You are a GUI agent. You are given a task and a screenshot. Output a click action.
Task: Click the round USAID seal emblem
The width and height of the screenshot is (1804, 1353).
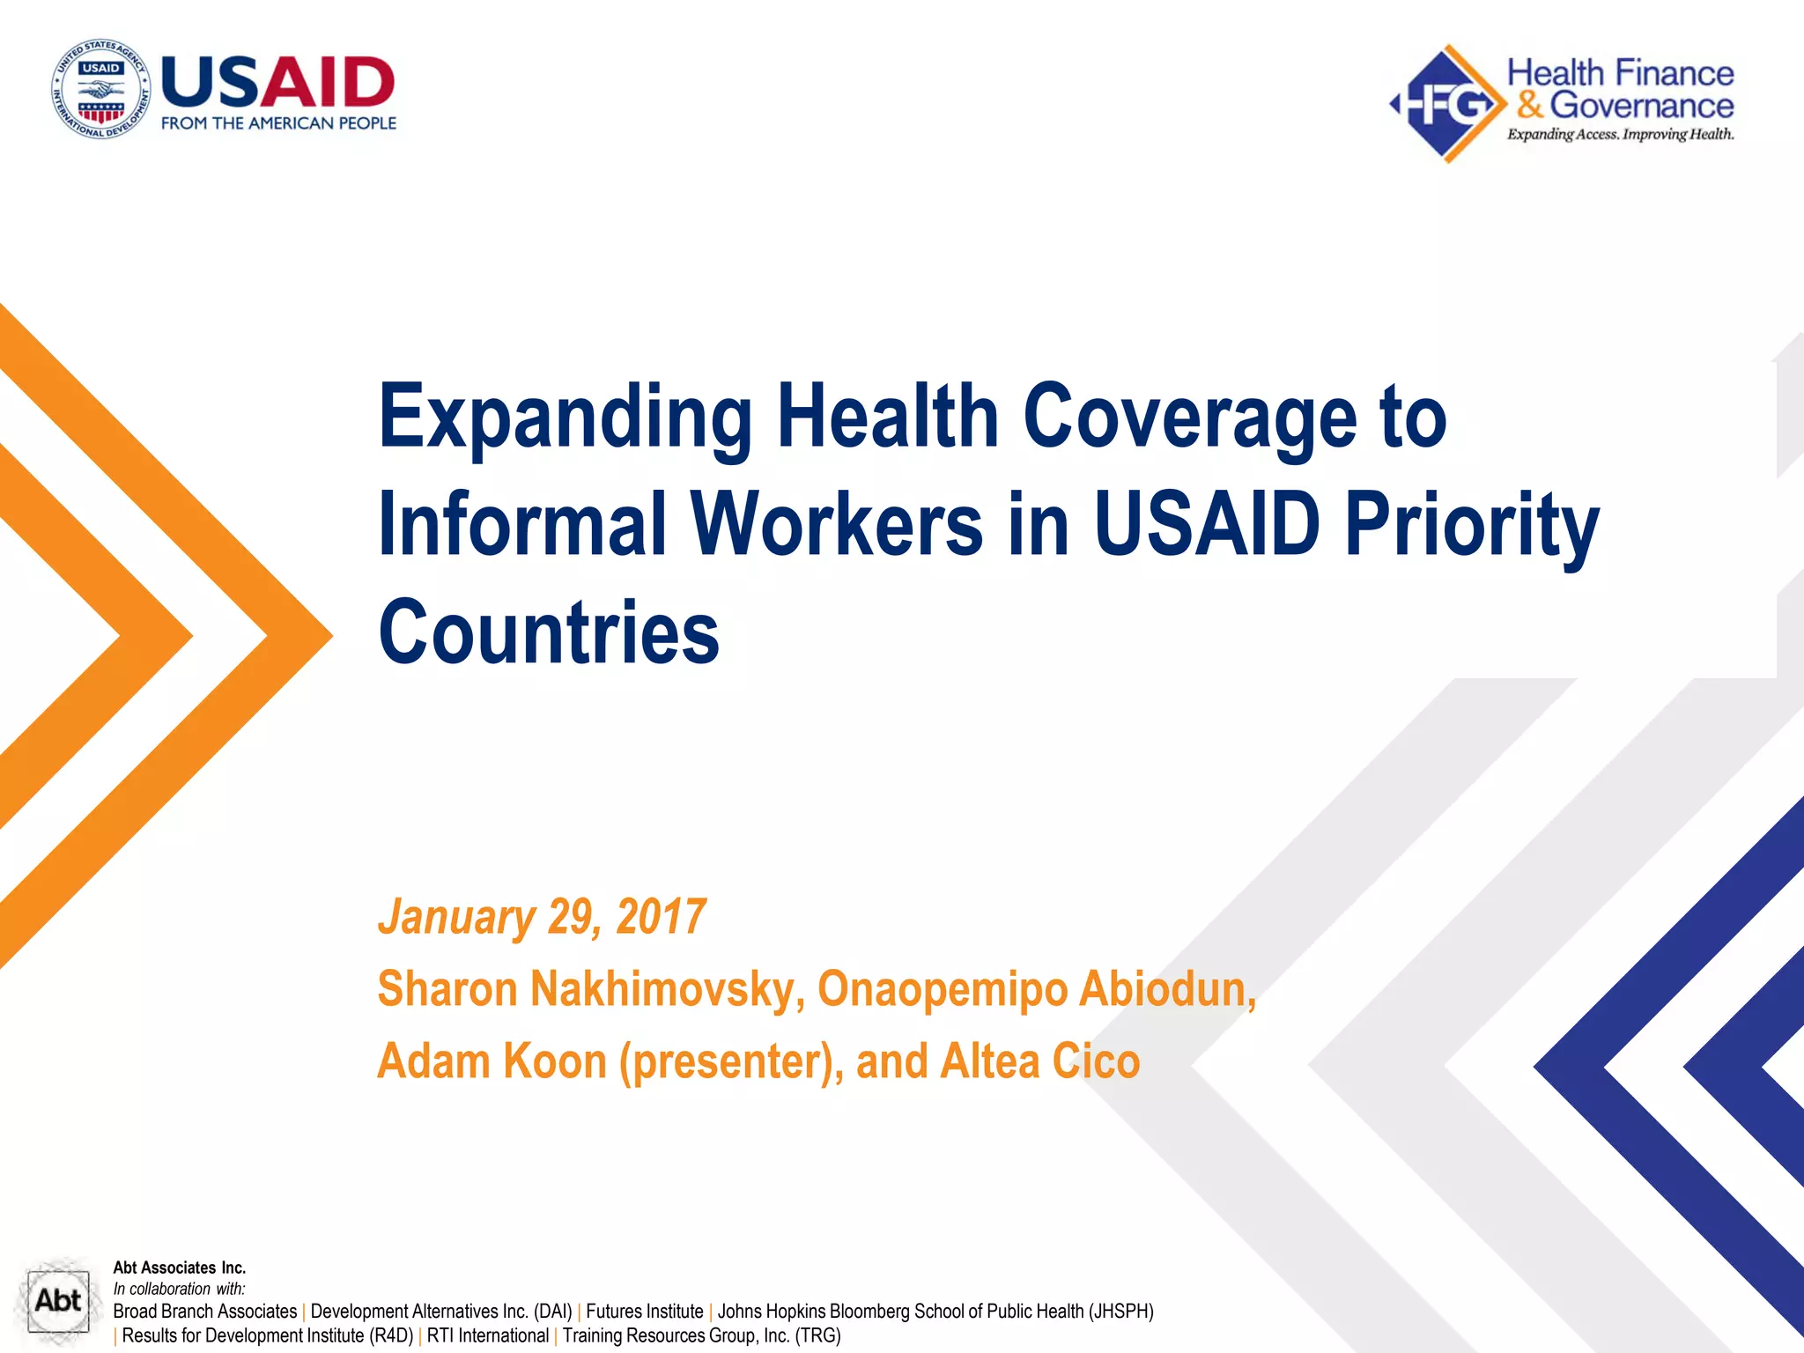tap(100, 89)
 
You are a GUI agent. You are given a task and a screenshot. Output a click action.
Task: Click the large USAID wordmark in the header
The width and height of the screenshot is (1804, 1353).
tap(278, 82)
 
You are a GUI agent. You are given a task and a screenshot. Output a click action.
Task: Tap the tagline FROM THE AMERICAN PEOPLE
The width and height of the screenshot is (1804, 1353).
tap(278, 123)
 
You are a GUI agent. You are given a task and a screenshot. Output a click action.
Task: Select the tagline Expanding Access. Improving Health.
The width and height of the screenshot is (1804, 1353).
tap(1620, 135)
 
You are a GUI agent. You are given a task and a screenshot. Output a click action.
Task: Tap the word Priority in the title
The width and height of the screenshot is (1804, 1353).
tap(1471, 526)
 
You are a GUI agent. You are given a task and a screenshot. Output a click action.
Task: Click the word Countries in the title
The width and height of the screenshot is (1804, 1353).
tap(549, 632)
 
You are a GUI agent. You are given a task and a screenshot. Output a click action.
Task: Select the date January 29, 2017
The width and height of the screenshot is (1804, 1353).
tap(542, 917)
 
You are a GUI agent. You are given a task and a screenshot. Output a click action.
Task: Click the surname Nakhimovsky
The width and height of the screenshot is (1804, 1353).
tap(668, 988)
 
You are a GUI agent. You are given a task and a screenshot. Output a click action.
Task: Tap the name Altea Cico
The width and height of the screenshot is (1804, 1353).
tap(1039, 1061)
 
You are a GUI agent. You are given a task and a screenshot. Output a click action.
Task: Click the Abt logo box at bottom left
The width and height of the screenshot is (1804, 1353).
tap(57, 1300)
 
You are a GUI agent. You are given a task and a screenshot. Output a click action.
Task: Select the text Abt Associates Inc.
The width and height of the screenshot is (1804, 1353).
tap(179, 1268)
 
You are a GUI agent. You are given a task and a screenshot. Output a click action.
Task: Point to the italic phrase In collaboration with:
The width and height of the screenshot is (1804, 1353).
tap(179, 1289)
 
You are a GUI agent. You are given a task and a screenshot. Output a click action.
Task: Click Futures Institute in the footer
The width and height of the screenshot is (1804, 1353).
tap(644, 1312)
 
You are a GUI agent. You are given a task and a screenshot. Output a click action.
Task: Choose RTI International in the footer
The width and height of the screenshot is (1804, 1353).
tap(487, 1335)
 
